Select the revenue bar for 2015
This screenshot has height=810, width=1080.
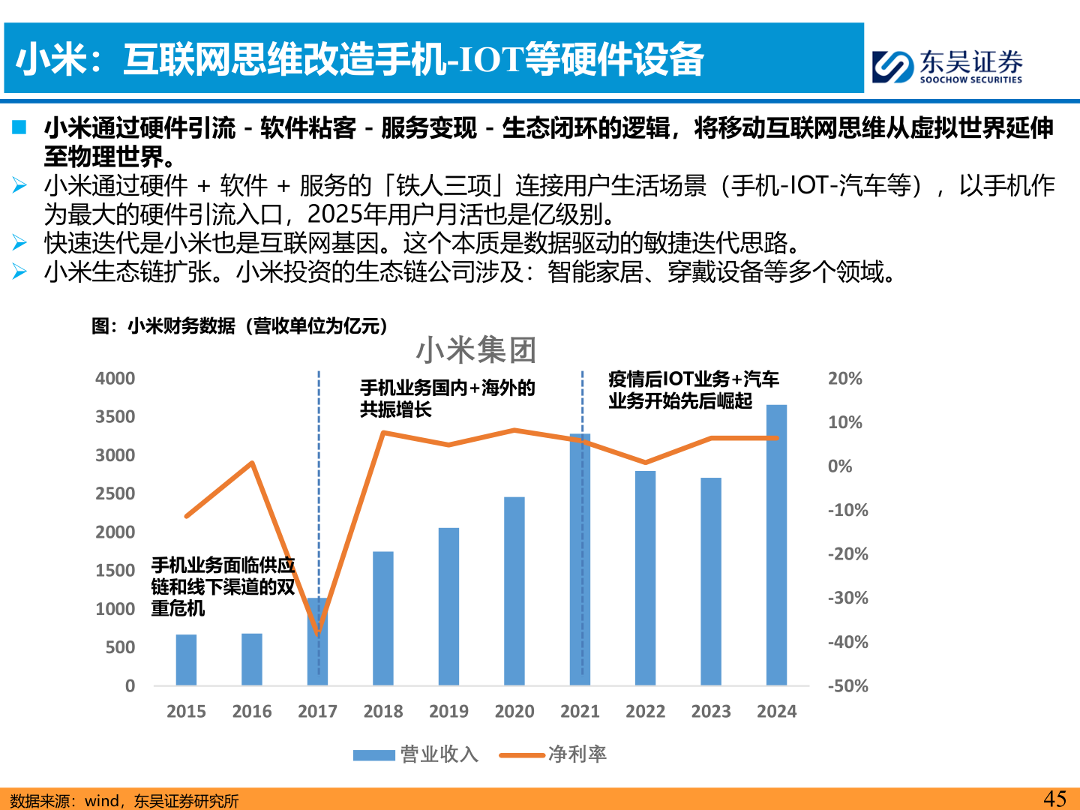186,660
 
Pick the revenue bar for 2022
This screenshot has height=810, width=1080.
645,578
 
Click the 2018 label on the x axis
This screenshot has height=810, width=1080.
383,711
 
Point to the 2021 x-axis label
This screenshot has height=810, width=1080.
580,711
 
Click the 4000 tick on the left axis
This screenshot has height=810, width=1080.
115,379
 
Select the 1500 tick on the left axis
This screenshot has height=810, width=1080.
115,571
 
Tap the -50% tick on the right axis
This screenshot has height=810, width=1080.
847,686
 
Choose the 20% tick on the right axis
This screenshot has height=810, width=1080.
845,379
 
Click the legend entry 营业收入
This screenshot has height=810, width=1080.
417,754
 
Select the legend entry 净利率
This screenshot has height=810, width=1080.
554,754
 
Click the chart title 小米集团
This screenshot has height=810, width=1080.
476,350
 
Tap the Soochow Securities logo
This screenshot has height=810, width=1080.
947,66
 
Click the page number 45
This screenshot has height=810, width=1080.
1054,799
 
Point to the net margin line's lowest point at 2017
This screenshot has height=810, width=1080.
318,634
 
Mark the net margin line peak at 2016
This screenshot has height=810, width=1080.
252,463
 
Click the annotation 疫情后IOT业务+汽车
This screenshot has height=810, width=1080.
693,379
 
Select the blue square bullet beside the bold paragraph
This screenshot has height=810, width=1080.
19,127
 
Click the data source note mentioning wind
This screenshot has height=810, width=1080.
124,801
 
